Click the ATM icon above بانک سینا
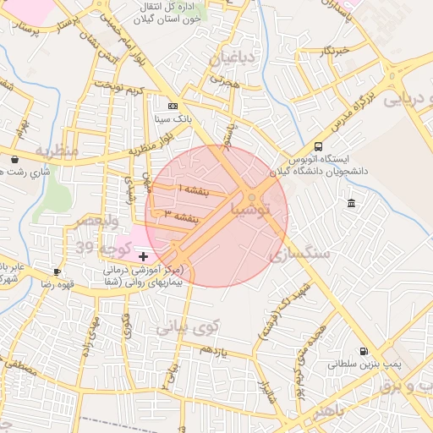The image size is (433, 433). coord(173,107)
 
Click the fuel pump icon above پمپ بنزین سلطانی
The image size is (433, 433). coord(364,351)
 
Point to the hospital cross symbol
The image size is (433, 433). coord(143,255)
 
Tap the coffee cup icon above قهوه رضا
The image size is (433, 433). coord(57,271)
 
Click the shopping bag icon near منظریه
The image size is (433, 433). coord(14,158)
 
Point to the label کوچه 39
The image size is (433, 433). coord(102,247)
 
